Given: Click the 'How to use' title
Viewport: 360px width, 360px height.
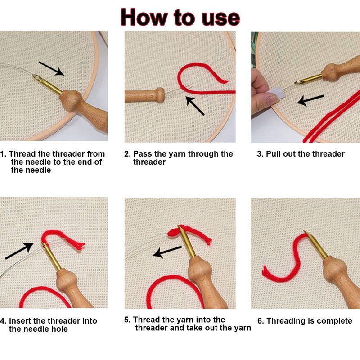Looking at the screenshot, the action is coord(180,18).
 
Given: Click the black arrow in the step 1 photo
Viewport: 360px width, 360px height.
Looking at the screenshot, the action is coord(51,68).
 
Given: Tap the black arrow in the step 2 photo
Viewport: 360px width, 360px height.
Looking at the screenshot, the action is coord(195,105).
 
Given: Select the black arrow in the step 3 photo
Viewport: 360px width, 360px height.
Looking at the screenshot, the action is coord(310,100).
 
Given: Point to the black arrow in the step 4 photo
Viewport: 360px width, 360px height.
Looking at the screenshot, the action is coord(19,251).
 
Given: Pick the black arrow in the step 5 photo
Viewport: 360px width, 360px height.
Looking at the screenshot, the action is coord(167,252).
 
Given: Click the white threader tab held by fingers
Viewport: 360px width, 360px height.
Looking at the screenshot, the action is coord(276,93).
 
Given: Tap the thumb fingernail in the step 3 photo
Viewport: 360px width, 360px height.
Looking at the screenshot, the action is coord(273,99).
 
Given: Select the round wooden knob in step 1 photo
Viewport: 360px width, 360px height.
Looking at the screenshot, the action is coord(72,100).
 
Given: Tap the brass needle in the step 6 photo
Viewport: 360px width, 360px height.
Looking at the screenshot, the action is coord(316,245).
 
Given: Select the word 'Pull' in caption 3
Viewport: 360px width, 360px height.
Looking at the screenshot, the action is coord(273,154).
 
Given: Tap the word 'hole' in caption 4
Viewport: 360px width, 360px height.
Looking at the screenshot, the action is coord(59,329).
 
